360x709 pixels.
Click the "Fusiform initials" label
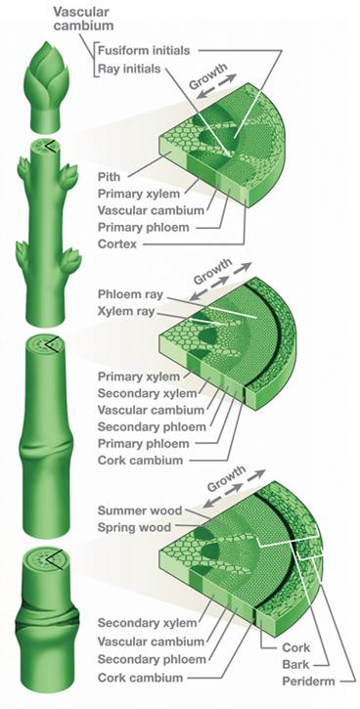(144, 50)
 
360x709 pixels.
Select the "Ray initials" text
(129, 68)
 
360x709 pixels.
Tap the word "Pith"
(109, 176)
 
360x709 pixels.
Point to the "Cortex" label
(117, 244)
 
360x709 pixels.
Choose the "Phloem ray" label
(130, 294)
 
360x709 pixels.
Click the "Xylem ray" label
(126, 312)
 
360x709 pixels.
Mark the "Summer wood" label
(140, 510)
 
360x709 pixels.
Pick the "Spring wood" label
(134, 528)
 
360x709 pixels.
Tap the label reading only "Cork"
(295, 647)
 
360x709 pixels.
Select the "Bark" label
(295, 664)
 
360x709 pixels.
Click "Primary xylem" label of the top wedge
(139, 194)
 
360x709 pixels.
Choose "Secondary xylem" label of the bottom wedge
(148, 623)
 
